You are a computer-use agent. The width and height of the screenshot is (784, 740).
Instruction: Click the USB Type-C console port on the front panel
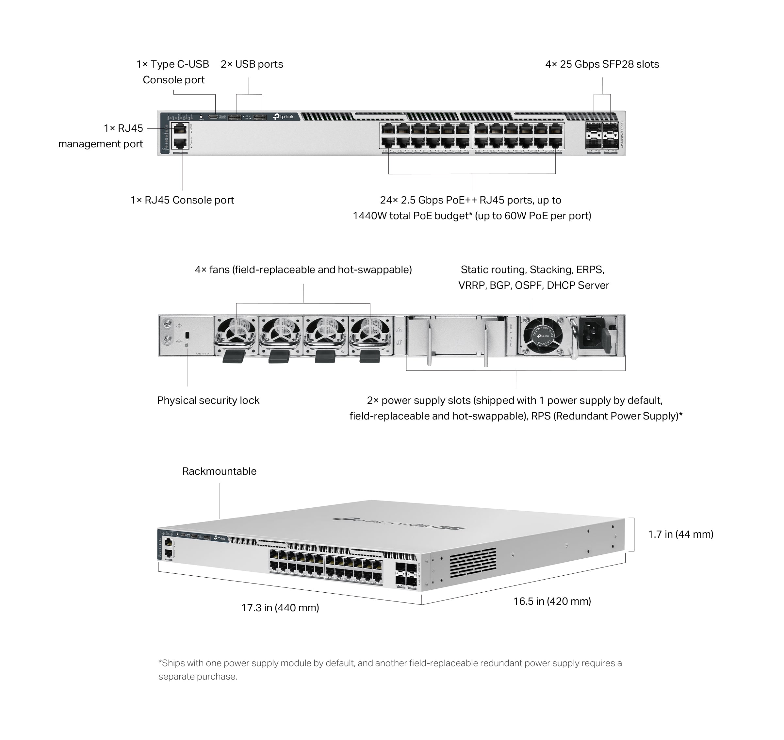pos(213,117)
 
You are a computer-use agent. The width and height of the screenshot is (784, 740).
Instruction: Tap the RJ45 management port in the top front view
pos(180,128)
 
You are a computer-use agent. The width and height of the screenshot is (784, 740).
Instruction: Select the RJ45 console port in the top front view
pos(180,143)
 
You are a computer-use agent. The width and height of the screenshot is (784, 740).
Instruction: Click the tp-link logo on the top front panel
pos(283,117)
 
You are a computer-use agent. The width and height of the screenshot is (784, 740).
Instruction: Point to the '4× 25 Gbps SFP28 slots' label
pos(602,64)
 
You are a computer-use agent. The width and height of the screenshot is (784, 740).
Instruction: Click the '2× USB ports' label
pos(252,64)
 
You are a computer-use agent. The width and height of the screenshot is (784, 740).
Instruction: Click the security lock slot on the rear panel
pos(187,335)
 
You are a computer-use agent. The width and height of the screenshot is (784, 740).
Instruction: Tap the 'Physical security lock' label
pos(208,400)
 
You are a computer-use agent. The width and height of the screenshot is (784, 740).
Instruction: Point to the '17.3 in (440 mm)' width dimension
pos(280,608)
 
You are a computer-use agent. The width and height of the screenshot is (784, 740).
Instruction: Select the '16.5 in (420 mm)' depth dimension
pos(552,601)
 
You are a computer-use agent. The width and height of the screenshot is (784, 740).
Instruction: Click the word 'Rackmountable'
pos(219,471)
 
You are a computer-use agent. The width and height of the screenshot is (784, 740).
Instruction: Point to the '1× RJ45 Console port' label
pos(182,200)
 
